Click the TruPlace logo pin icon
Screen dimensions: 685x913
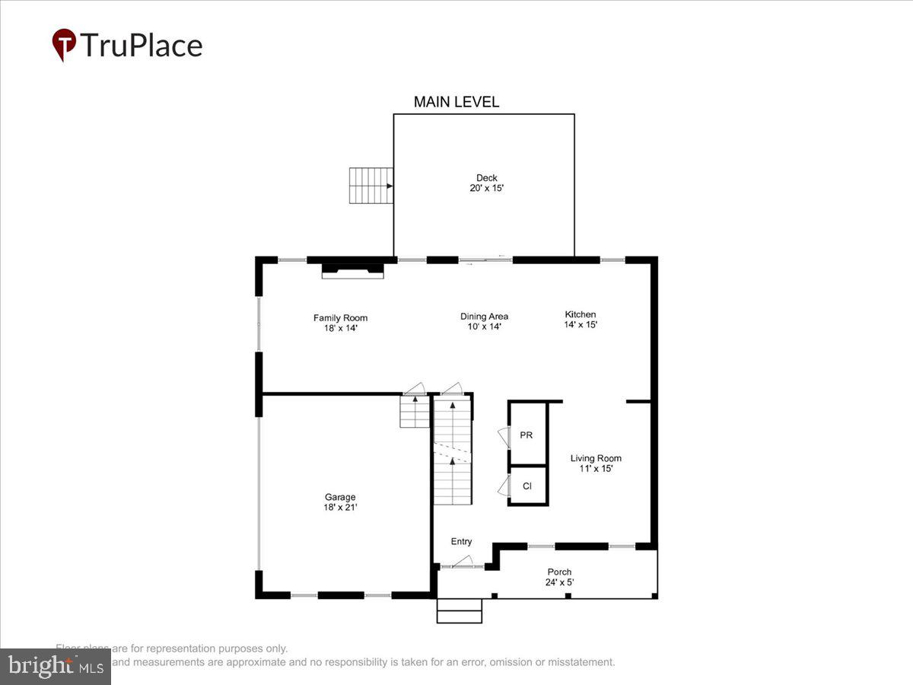point(64,45)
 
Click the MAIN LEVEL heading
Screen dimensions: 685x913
point(456,102)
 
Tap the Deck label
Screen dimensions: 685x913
point(487,178)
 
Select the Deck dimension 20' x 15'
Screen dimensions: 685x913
point(487,188)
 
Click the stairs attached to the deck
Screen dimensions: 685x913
point(371,186)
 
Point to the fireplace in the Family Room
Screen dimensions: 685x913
point(352,269)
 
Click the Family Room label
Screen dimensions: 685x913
point(340,318)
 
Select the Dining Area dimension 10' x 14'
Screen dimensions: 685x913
point(484,327)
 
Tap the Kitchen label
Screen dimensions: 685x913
point(581,314)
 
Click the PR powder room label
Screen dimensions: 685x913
point(526,435)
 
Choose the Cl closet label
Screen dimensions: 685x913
point(526,486)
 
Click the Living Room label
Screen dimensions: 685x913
point(596,458)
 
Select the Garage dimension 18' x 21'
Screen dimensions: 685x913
point(340,507)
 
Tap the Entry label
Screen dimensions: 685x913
point(461,542)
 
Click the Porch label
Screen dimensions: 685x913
point(559,572)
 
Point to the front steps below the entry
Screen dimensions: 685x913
point(460,610)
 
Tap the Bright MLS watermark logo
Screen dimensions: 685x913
point(55,667)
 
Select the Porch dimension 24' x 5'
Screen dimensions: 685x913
point(559,582)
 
